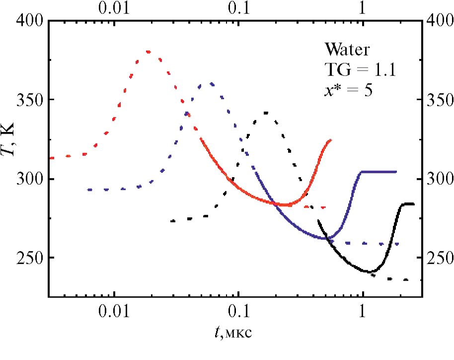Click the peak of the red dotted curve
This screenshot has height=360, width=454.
(x=148, y=51)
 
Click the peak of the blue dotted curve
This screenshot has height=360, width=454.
(x=212, y=83)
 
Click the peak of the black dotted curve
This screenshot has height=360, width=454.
(x=266, y=113)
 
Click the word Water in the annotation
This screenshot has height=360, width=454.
(x=347, y=50)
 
